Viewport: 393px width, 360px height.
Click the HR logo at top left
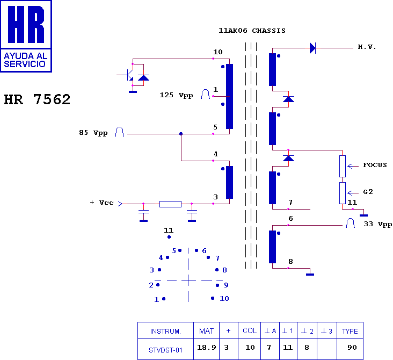pyautogui.click(x=26, y=36)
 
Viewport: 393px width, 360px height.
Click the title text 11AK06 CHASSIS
pyautogui.click(x=252, y=31)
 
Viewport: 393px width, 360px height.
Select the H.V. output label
pyautogui.click(x=367, y=47)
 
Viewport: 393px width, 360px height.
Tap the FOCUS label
pyautogui.click(x=375, y=165)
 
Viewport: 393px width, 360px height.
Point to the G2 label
pyautogui.click(x=368, y=192)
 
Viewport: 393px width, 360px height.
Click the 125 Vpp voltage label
pyautogui.click(x=176, y=95)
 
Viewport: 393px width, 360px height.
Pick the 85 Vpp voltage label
pyautogui.click(x=93, y=133)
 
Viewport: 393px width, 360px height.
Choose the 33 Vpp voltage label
pyautogui.click(x=378, y=224)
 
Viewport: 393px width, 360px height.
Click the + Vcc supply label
pyautogui.click(x=102, y=203)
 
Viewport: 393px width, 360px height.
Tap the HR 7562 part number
pyautogui.click(x=37, y=99)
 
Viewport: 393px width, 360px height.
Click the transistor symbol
pyautogui.click(x=128, y=75)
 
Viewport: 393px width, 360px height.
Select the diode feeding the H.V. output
pyautogui.click(x=312, y=48)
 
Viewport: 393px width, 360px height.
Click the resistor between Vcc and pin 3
pyautogui.click(x=170, y=204)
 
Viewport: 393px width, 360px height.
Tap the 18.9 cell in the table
pyautogui.click(x=207, y=348)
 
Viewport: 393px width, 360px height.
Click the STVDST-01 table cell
pyautogui.click(x=165, y=350)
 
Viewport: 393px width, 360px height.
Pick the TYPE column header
pyautogui.click(x=350, y=331)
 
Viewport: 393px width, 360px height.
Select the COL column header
pyautogui.click(x=250, y=330)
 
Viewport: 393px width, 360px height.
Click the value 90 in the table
pyautogui.click(x=352, y=348)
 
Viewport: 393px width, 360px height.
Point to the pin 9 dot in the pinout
pyautogui.click(x=217, y=285)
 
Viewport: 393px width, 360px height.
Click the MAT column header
pyautogui.click(x=207, y=331)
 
